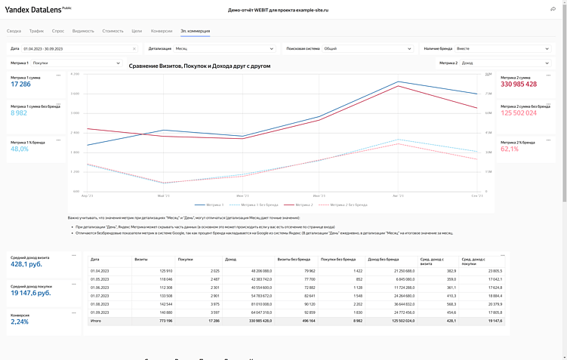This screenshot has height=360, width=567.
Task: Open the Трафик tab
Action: [36, 31]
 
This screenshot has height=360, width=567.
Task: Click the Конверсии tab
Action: [162, 31]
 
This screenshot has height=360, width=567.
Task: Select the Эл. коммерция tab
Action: [195, 31]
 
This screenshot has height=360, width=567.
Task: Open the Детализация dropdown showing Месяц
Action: [223, 48]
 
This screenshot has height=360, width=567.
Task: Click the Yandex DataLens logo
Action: [38, 9]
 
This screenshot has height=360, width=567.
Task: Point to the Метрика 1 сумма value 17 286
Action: [21, 84]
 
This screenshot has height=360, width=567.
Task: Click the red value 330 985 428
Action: [518, 84]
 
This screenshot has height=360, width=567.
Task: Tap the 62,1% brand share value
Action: [510, 149]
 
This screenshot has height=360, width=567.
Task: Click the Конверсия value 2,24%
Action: [20, 322]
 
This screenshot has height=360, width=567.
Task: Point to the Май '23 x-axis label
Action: [164, 195]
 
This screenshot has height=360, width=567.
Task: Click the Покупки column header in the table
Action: [185, 259]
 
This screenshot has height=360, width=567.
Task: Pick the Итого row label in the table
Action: [96, 321]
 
